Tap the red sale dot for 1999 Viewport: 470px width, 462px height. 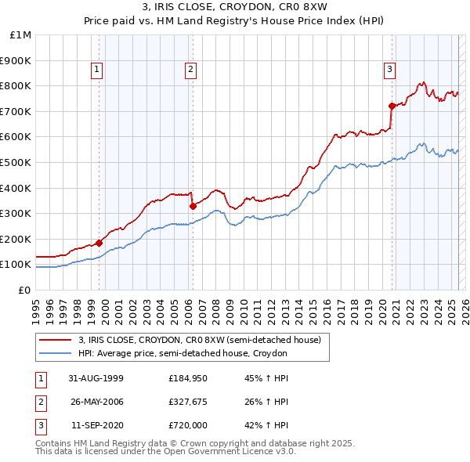99,243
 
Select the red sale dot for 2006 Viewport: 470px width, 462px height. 193,206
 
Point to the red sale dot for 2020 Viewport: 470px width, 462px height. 392,106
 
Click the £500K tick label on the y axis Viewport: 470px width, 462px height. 16,162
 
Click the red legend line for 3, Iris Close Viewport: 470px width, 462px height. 56,340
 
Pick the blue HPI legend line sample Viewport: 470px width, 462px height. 56,354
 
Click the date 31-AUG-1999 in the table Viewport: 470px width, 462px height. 96,379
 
